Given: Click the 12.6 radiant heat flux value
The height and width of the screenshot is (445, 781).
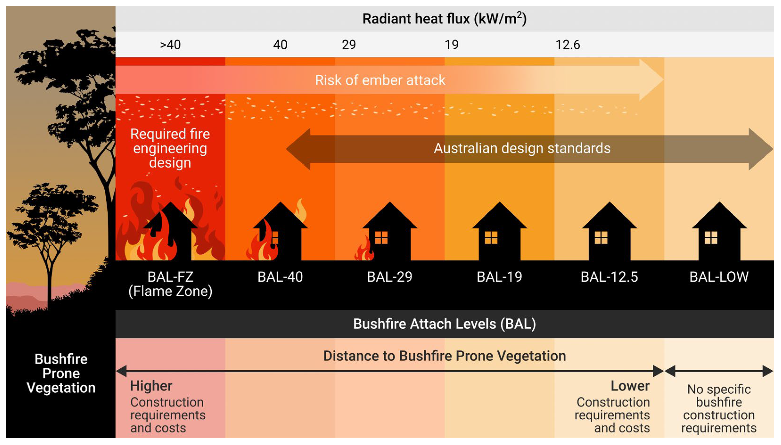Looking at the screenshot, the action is (567, 45).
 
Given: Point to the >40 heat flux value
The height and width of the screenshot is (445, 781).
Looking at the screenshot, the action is (170, 45).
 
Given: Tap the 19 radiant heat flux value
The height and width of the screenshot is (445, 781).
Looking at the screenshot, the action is (451, 45).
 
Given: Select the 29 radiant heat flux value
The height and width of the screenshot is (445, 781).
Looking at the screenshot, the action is (349, 45).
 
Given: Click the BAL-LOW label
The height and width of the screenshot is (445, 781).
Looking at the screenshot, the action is (719, 277).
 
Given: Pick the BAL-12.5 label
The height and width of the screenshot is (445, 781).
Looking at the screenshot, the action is (609, 277).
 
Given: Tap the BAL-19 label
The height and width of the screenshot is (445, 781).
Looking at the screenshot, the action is (500, 277).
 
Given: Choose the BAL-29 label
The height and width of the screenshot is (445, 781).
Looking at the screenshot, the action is (390, 277).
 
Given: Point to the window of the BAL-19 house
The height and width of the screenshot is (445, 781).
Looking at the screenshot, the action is (491, 238).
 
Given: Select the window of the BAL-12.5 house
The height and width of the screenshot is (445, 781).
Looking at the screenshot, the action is (601, 238).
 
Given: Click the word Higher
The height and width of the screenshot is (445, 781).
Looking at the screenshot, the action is (151, 386).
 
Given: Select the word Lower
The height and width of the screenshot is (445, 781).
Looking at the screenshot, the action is (630, 386).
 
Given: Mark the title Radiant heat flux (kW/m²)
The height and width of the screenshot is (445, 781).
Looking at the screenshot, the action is (444, 19).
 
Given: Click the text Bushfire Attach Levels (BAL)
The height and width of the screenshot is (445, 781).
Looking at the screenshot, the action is (444, 324).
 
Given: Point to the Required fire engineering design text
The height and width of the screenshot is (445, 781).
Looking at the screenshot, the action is (170, 148).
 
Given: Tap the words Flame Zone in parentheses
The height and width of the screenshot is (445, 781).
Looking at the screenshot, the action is (170, 291).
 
